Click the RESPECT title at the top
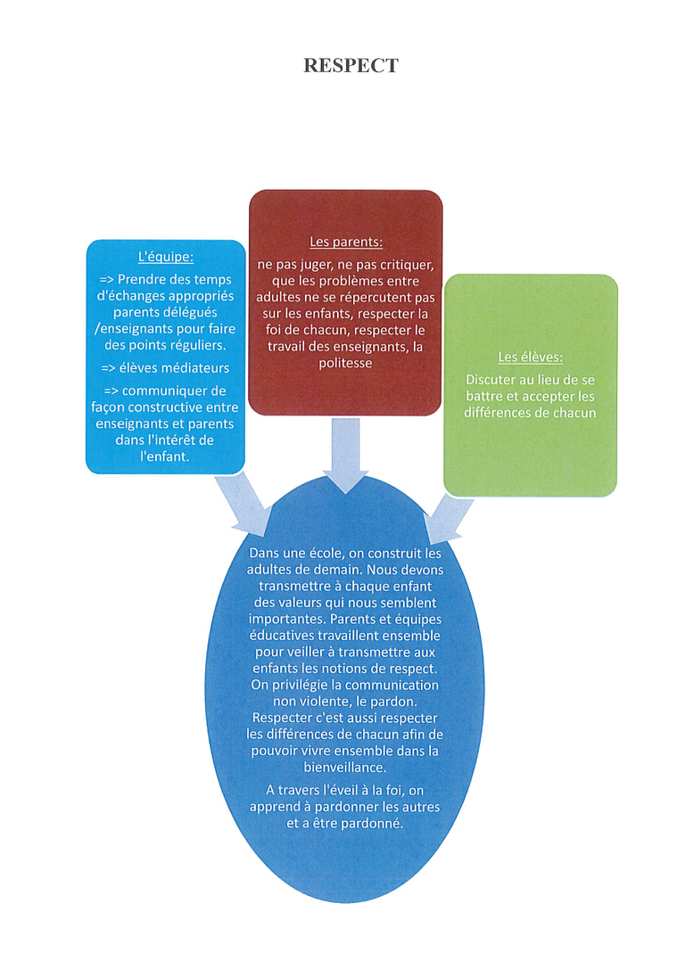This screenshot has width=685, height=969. (351, 65)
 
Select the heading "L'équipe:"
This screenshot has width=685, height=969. (166, 257)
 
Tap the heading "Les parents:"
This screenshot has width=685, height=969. (345, 242)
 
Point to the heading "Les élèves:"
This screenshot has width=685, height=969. (531, 357)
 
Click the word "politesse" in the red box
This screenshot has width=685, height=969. (345, 363)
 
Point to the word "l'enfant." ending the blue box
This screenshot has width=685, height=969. (165, 456)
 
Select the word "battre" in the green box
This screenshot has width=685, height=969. (484, 396)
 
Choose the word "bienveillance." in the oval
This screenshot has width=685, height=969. (345, 768)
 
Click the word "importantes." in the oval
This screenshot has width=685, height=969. (287, 620)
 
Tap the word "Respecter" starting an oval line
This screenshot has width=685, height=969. (282, 719)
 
